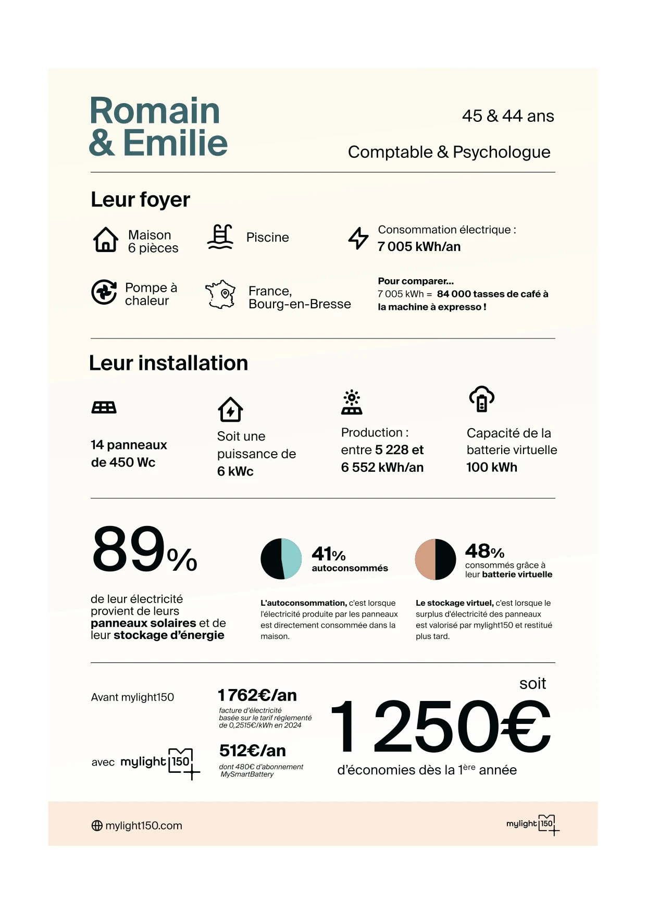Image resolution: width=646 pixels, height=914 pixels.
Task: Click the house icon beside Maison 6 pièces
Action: [105, 240]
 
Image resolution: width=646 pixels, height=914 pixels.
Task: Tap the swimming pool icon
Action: [220, 237]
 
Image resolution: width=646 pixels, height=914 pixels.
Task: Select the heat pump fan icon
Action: [104, 292]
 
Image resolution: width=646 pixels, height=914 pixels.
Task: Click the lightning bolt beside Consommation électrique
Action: [358, 238]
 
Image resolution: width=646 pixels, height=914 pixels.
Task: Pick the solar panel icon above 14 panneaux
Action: [104, 407]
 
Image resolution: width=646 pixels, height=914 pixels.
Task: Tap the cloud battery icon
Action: [482, 399]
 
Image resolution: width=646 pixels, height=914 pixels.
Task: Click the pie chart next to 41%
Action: [281, 559]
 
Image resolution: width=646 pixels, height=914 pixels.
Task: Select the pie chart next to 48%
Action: [435, 559]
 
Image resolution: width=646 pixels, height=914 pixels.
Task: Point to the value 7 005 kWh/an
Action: [419, 247]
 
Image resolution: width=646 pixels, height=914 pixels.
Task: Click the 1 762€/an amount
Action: [257, 695]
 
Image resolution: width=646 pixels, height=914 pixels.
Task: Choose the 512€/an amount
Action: [253, 750]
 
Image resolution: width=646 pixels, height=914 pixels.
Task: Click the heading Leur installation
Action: [168, 363]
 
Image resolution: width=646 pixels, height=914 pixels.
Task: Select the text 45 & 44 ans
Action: [508, 116]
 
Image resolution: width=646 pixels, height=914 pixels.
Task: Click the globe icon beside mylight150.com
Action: [97, 825]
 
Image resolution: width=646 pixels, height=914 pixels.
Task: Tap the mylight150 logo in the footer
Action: [532, 824]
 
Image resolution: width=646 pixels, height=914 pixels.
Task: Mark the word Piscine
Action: [267, 237]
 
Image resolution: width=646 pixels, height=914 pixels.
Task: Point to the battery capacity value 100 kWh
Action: [492, 467]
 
